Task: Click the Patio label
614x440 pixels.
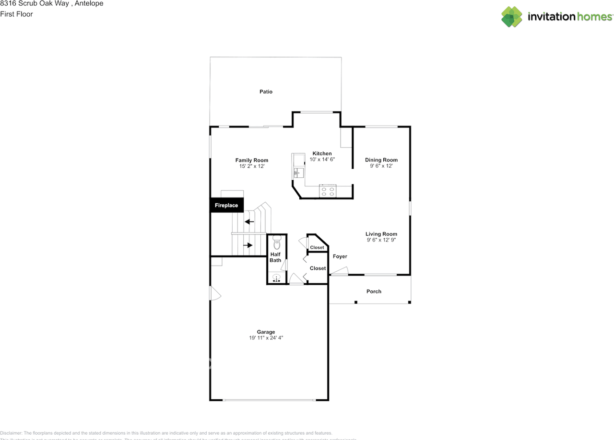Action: click(266, 92)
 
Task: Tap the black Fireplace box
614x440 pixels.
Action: click(226, 205)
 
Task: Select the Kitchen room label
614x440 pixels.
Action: click(322, 153)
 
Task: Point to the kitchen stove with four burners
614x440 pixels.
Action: click(328, 191)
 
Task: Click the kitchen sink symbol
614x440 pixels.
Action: click(297, 172)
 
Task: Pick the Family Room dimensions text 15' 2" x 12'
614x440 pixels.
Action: click(252, 166)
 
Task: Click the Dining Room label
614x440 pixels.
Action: click(381, 160)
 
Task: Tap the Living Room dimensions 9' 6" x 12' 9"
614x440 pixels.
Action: click(381, 240)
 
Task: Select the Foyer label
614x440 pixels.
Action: click(340, 256)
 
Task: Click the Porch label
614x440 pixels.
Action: click(374, 291)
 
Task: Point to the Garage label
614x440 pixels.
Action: click(266, 332)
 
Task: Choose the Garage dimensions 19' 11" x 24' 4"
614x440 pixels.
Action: click(266, 338)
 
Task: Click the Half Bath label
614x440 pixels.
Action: click(275, 257)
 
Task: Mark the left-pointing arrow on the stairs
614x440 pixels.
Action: click(249, 221)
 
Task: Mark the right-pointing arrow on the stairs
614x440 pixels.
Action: click(248, 245)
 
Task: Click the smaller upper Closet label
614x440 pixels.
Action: click(317, 247)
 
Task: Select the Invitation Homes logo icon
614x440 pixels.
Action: click(512, 17)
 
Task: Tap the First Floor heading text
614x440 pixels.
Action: click(16, 14)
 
